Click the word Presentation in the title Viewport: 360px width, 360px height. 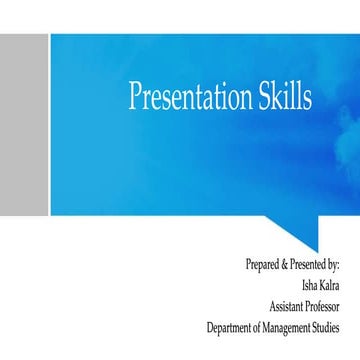tap(190, 97)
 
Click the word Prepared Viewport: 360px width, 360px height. tap(262, 264)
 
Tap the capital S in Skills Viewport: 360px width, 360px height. tap(265, 96)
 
